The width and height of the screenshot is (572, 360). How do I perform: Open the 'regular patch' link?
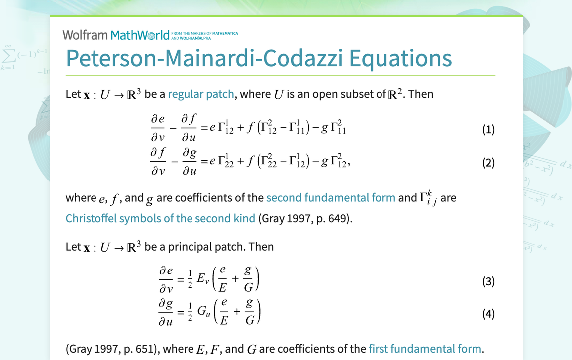[x=201, y=94]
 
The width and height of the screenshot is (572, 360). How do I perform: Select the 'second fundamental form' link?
[x=331, y=198]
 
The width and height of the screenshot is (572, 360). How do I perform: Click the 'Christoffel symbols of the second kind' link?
[x=160, y=218]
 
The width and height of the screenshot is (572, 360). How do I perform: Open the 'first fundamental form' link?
[x=425, y=349]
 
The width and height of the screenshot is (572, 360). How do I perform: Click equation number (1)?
[x=488, y=130]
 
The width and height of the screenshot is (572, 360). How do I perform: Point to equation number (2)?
[x=488, y=163]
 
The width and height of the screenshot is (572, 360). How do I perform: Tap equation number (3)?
[x=488, y=282]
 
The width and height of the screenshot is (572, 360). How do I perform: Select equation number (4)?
[x=488, y=314]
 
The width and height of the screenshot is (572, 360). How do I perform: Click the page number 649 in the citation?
[x=336, y=218]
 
